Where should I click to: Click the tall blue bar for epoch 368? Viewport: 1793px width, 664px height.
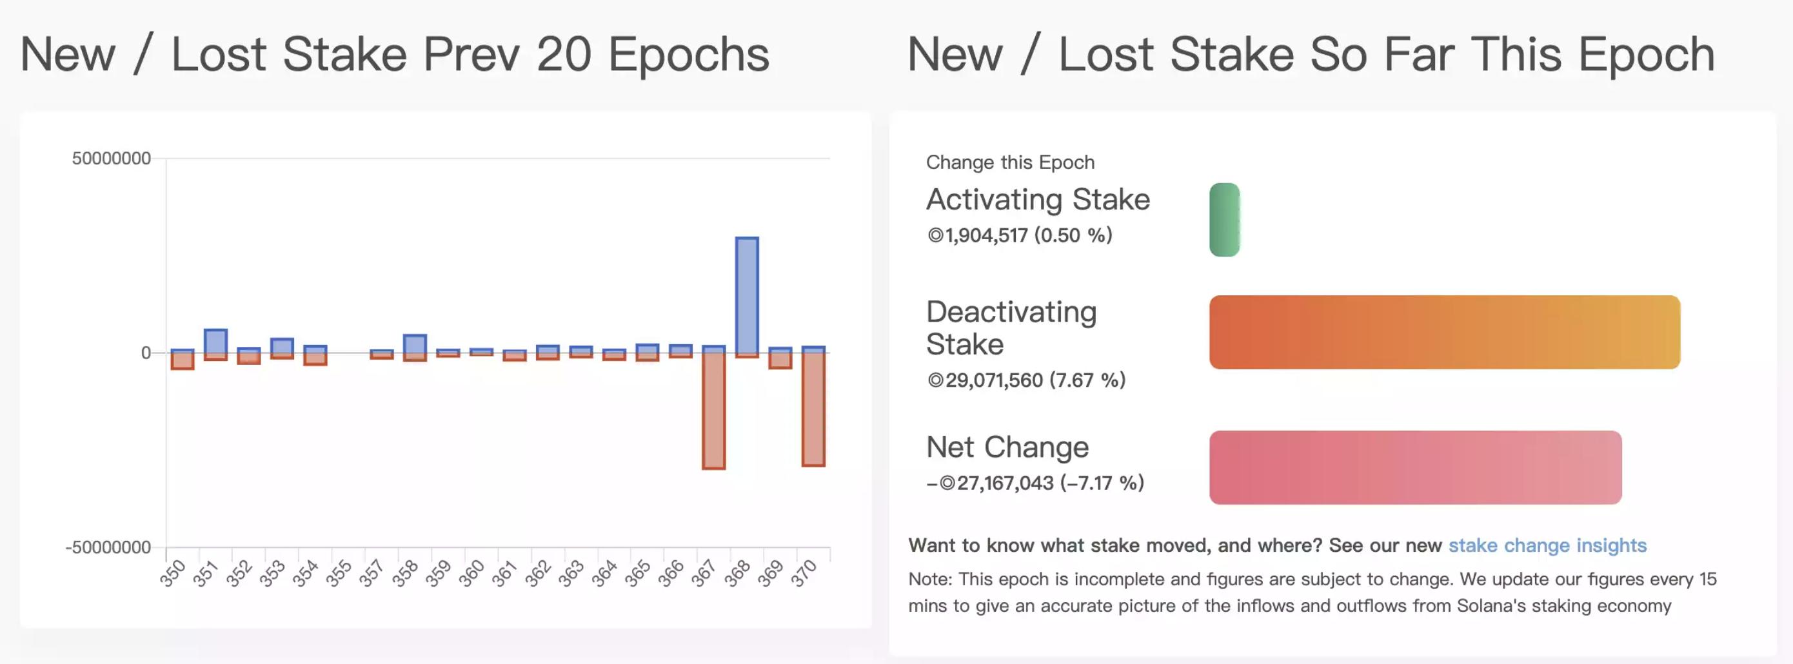click(x=747, y=295)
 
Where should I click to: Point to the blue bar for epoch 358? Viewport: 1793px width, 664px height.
click(x=415, y=344)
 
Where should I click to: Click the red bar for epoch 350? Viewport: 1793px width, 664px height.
click(x=183, y=360)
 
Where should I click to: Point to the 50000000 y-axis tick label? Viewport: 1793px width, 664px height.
click(x=112, y=159)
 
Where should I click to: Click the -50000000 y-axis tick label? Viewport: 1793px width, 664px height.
click(x=108, y=547)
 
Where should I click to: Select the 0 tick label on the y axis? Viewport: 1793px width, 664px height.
click(x=146, y=353)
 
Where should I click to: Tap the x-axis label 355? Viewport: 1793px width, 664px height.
click(x=339, y=574)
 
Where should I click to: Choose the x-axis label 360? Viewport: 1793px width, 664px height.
click(x=472, y=574)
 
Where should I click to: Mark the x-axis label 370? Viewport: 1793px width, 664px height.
click(x=804, y=574)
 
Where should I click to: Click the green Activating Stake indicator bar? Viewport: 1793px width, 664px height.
click(x=1224, y=219)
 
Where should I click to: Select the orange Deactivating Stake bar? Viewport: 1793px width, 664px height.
click(x=1444, y=332)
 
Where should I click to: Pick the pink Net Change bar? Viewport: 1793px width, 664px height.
click(x=1415, y=467)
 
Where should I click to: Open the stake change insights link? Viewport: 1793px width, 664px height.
click(x=1547, y=545)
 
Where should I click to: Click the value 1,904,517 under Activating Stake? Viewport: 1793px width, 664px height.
click(x=986, y=235)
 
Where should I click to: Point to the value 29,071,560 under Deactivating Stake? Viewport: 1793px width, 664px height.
click(x=994, y=380)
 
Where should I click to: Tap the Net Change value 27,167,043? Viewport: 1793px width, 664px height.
click(x=1005, y=483)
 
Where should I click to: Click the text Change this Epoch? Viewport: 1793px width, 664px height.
click(x=1010, y=162)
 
